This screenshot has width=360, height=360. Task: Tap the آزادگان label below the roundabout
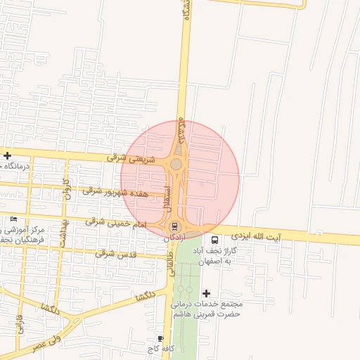point(177,239)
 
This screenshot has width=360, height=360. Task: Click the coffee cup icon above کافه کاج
point(161,338)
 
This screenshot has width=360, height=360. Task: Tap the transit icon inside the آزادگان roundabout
point(174,226)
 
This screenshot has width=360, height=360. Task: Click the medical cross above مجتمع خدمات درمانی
point(206,293)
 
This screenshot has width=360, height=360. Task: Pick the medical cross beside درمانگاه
point(7,156)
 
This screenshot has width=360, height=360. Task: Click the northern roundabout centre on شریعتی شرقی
point(176,165)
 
